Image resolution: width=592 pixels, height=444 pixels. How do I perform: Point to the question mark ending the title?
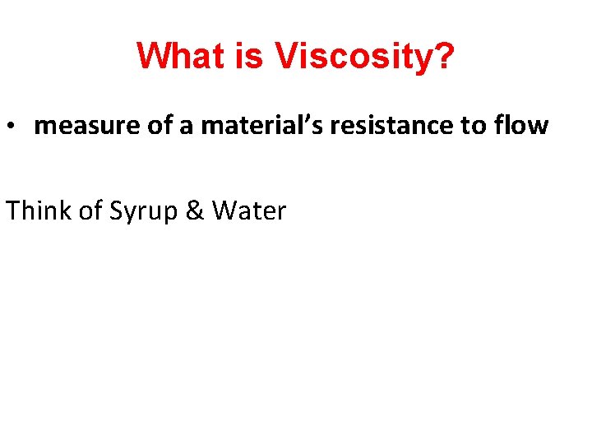click(x=442, y=57)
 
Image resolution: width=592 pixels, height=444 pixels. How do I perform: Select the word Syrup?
click(x=142, y=212)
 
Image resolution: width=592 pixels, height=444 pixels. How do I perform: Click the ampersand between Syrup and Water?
click(x=194, y=210)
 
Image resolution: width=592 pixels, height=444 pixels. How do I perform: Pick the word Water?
click(x=248, y=210)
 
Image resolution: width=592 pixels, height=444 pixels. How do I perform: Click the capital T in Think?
click(x=13, y=210)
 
